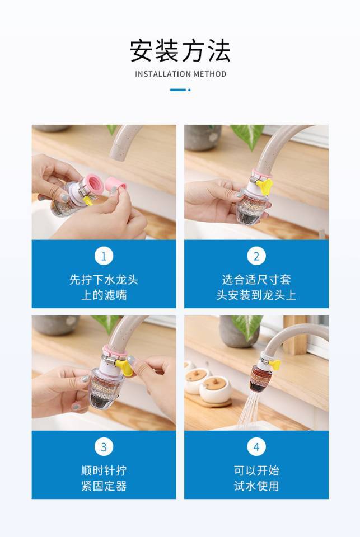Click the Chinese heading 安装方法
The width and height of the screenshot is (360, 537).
pos(180,51)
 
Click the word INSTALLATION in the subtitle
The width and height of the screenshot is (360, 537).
pos(162,74)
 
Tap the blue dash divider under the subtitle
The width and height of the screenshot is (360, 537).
pos(180,89)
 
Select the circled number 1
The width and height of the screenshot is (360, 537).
pos(104,256)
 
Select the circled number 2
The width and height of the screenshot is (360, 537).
pos(256,256)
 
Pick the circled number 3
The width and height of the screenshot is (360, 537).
pos(104,446)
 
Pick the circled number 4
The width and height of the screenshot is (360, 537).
pos(256,446)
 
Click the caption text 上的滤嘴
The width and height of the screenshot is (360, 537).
pos(104,295)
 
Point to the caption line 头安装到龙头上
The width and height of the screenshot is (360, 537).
pos(256,295)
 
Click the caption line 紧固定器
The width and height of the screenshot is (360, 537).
pos(104,486)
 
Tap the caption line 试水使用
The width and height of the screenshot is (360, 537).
pos(256,486)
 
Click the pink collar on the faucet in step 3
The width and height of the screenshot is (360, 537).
pos(115,350)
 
